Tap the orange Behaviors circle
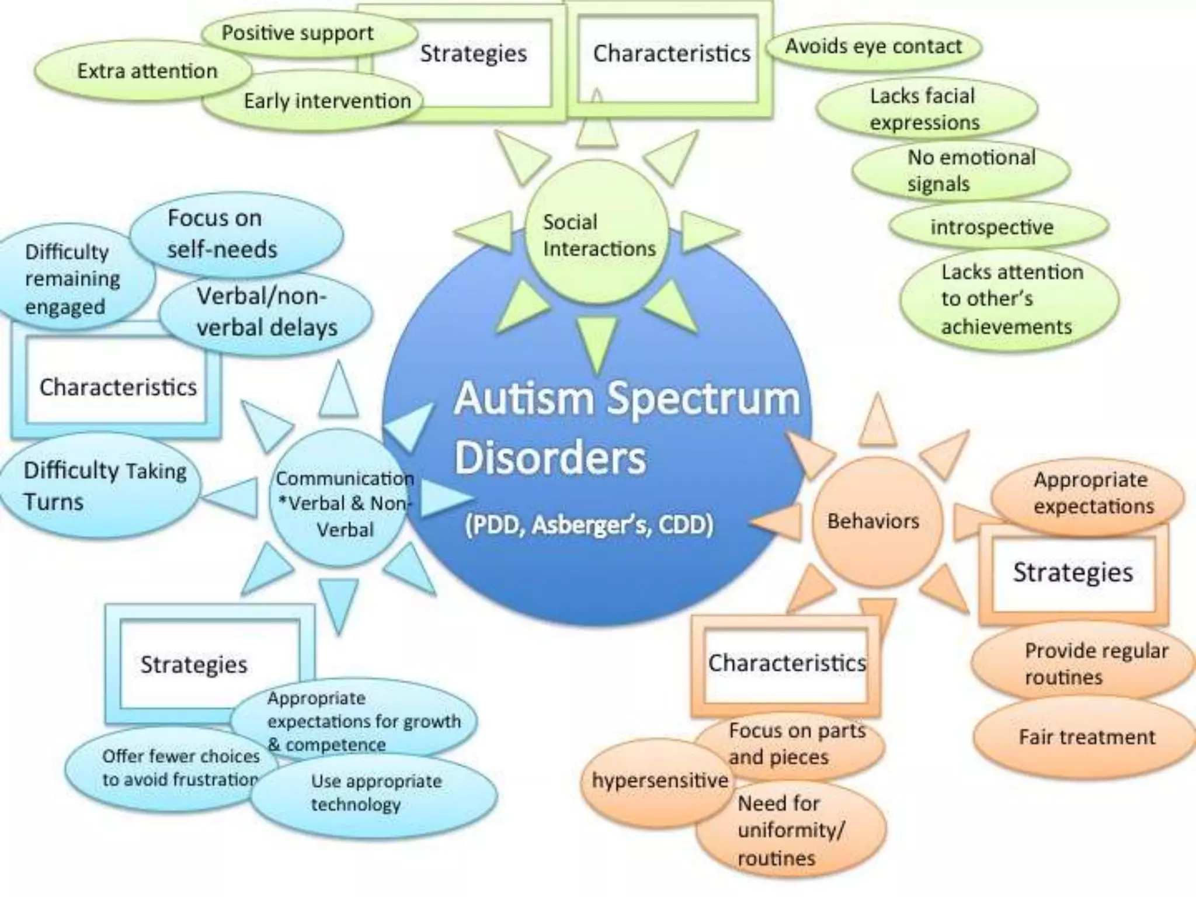pos(874,521)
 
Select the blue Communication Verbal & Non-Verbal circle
pos(342,502)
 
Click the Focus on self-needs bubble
pos(234,234)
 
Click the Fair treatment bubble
pos(1086,737)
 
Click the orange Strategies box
pos(1073,572)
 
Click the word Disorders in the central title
pos(550,458)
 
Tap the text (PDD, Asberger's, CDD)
pos(589,524)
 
